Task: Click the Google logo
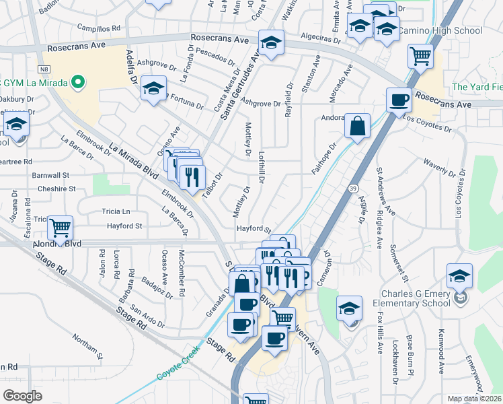pos(23,396)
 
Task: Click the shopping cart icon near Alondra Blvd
pos(61,228)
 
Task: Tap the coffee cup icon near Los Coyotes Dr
pos(399,100)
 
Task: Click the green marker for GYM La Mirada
pos(78,83)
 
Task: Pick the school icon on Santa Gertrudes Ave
pos(271,42)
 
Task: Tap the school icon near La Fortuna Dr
pos(154,88)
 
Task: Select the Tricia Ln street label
pos(116,211)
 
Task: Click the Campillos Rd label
pos(98,28)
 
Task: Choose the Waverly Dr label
pos(438,165)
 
